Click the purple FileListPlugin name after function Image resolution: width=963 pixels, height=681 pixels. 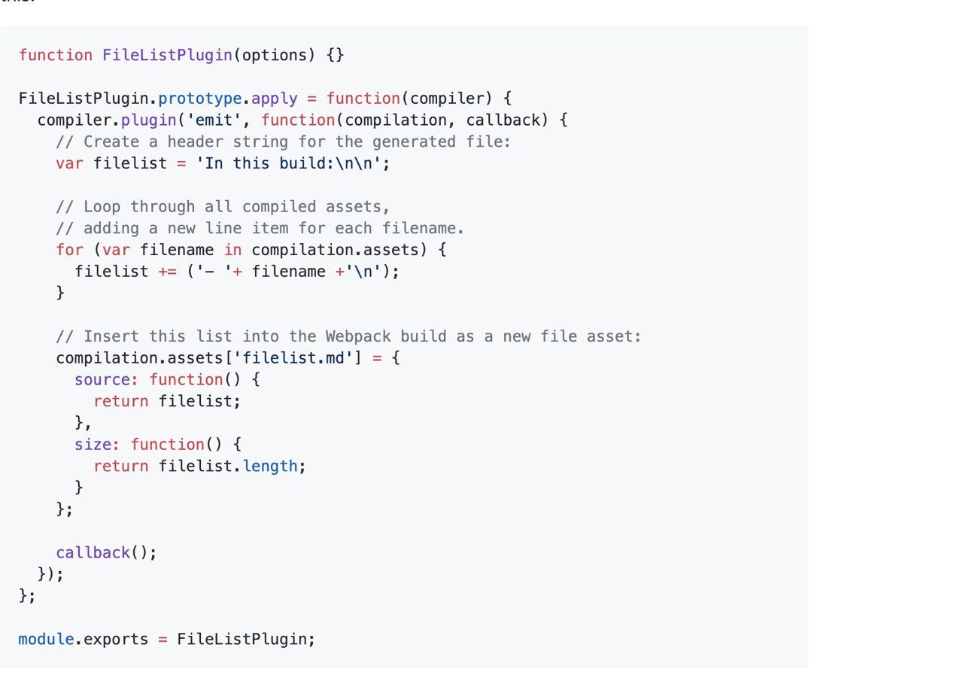167,56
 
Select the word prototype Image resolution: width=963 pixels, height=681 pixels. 200,99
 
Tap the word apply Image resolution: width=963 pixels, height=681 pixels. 275,99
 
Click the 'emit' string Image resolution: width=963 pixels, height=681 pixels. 214,120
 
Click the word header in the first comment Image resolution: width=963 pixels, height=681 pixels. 195,142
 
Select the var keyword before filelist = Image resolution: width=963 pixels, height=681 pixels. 70,164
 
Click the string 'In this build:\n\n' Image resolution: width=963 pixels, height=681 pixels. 288,163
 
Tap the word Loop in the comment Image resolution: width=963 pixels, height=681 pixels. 102,207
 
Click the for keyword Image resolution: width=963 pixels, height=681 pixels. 70,250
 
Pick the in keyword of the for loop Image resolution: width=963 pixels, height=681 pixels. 232,250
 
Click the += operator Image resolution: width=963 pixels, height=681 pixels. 167,272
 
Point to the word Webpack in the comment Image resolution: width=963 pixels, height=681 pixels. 358,336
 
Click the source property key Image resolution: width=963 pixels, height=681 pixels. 102,380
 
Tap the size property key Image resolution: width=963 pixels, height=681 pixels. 93,445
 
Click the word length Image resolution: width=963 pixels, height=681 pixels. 270,467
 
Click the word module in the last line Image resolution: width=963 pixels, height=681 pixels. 46,640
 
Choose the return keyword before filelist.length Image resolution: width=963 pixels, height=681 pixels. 121,467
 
